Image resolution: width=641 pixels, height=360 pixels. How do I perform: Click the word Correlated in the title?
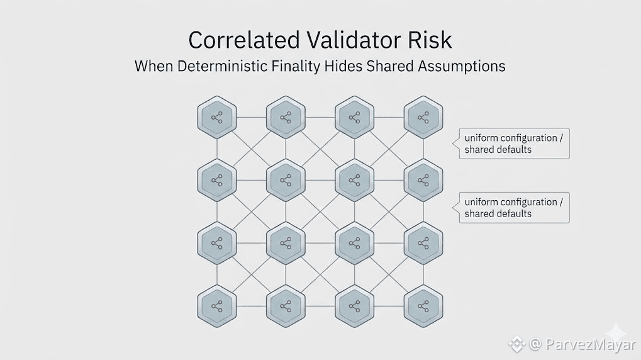point(244,40)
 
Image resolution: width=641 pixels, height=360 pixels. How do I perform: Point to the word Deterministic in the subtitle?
point(222,66)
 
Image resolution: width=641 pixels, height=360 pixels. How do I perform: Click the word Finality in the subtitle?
point(296,67)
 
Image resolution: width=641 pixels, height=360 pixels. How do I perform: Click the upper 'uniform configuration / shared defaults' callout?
point(514,143)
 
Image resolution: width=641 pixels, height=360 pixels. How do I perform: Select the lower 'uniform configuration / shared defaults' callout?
point(514,208)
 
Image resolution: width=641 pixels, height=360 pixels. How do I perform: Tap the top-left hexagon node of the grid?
point(217,118)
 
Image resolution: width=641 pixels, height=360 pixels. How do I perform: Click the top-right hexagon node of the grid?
point(423,118)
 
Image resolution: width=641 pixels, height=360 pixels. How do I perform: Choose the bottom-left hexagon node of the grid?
point(217,306)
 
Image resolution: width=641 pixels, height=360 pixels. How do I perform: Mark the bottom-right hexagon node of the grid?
point(423,306)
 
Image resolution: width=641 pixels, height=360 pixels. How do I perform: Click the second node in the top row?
point(286,118)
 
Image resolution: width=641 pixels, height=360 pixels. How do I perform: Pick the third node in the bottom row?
point(354,306)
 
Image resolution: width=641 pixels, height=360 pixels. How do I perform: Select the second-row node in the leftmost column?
point(217,181)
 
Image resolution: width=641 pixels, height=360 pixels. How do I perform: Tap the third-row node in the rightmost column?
point(423,244)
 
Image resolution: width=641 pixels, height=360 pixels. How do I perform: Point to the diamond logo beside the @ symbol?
point(516,344)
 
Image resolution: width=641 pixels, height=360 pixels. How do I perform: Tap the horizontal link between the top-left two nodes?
point(252,118)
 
